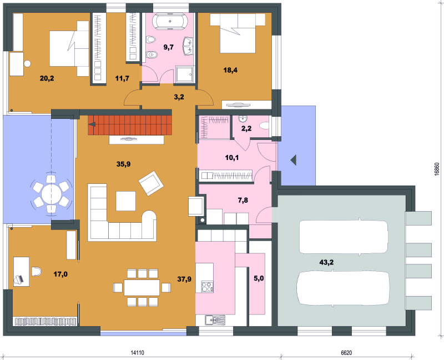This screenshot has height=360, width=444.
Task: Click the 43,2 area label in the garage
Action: (x=326, y=262)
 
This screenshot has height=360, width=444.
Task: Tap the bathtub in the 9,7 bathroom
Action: (x=170, y=22)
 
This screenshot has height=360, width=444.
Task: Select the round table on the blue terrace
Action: (x=51, y=194)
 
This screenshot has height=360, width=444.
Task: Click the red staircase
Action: (x=130, y=125)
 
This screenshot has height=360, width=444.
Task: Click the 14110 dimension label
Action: (x=137, y=353)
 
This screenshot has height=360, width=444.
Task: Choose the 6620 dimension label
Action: (x=346, y=353)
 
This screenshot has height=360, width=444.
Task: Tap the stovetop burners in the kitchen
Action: (x=207, y=287)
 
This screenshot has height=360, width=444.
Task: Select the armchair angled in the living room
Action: (x=151, y=183)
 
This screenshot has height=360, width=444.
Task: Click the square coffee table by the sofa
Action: (x=126, y=201)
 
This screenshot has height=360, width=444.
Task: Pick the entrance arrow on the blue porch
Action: (x=294, y=160)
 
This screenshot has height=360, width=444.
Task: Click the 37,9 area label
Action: (x=184, y=279)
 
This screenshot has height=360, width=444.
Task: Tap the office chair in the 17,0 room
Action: (x=36, y=271)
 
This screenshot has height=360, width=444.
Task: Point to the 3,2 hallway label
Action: (x=179, y=97)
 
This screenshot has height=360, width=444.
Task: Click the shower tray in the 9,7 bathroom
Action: (x=185, y=74)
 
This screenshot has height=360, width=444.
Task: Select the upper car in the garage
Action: (x=344, y=237)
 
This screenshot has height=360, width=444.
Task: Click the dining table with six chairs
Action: (x=142, y=288)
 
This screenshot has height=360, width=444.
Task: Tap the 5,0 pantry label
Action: (x=259, y=279)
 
